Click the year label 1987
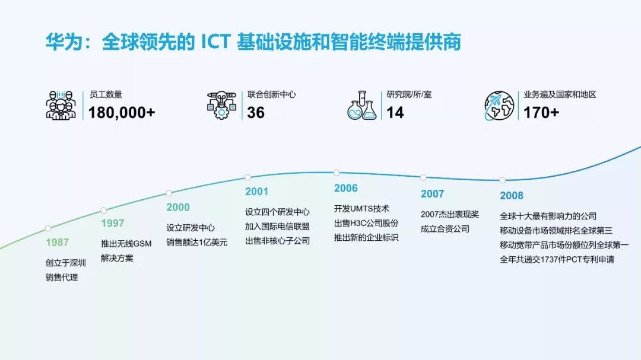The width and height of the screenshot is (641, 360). [57, 242]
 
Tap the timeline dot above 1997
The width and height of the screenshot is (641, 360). [103, 210]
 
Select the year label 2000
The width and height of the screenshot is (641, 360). [178, 207]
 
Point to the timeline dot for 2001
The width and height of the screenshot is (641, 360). [247, 177]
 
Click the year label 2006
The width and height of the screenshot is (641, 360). [345, 188]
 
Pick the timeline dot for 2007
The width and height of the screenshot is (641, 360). [423, 177]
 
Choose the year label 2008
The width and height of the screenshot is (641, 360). [511, 195]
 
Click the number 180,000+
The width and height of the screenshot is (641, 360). [122, 112]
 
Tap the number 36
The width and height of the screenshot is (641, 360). [256, 112]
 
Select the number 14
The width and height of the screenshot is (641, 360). [395, 112]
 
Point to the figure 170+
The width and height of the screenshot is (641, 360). [541, 112]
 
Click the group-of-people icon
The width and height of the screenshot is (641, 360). [61, 105]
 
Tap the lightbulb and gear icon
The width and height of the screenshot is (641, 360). [221, 105]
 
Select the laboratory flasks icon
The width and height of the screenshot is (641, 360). [362, 105]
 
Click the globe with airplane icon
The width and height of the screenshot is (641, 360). [499, 105]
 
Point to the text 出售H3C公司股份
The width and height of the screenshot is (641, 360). [366, 223]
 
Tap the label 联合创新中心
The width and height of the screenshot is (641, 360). [271, 94]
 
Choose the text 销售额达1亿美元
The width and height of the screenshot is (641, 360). [196, 242]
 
